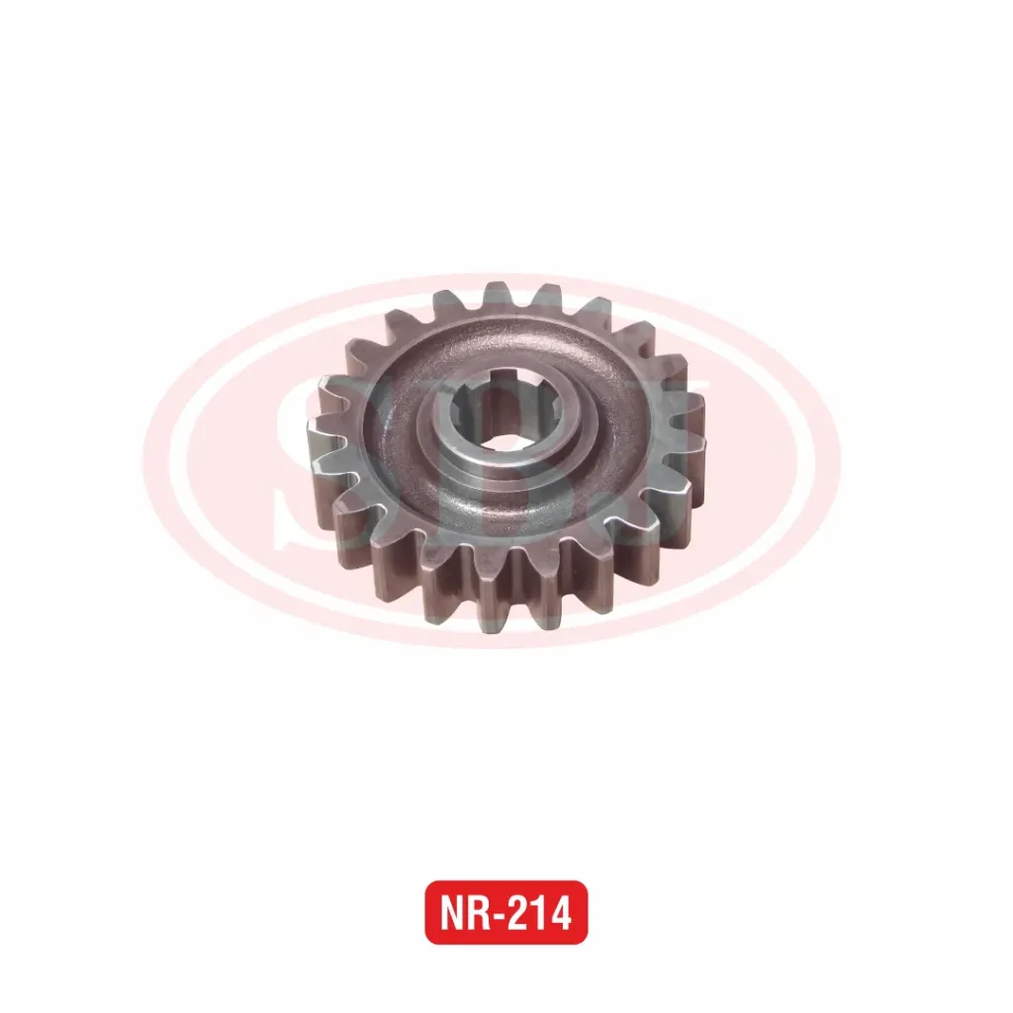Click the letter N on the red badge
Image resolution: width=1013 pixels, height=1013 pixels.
click(453, 913)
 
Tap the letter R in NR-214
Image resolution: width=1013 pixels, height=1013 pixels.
click(481, 913)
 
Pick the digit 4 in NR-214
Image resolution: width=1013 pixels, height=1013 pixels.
click(560, 913)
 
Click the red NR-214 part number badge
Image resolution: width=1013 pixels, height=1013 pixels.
click(506, 912)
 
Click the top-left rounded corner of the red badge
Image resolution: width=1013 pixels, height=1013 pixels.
click(431, 887)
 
